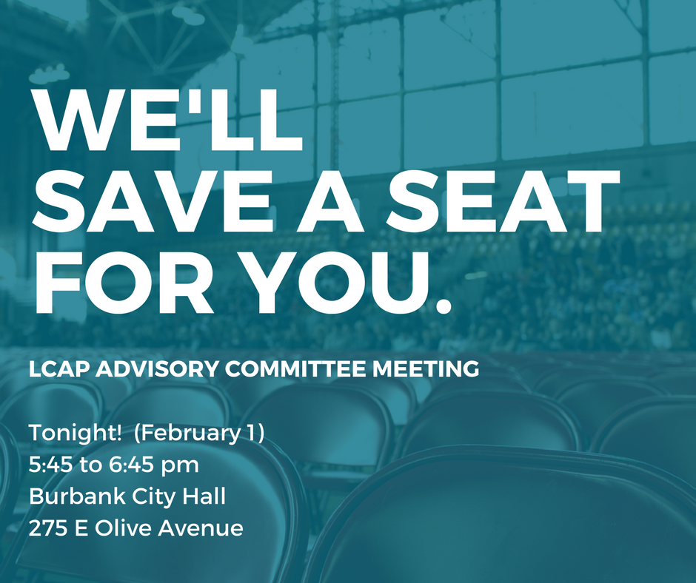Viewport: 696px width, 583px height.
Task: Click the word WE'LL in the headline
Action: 167,120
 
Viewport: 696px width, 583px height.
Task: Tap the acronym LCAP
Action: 60,369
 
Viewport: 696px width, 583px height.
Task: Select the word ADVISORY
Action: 157,369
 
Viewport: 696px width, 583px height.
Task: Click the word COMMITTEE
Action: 295,369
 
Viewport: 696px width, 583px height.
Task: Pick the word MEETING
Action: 426,369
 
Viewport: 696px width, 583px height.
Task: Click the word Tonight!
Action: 75,433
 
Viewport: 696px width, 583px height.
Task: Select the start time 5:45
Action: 52,465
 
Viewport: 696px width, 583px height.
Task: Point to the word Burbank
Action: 78,496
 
